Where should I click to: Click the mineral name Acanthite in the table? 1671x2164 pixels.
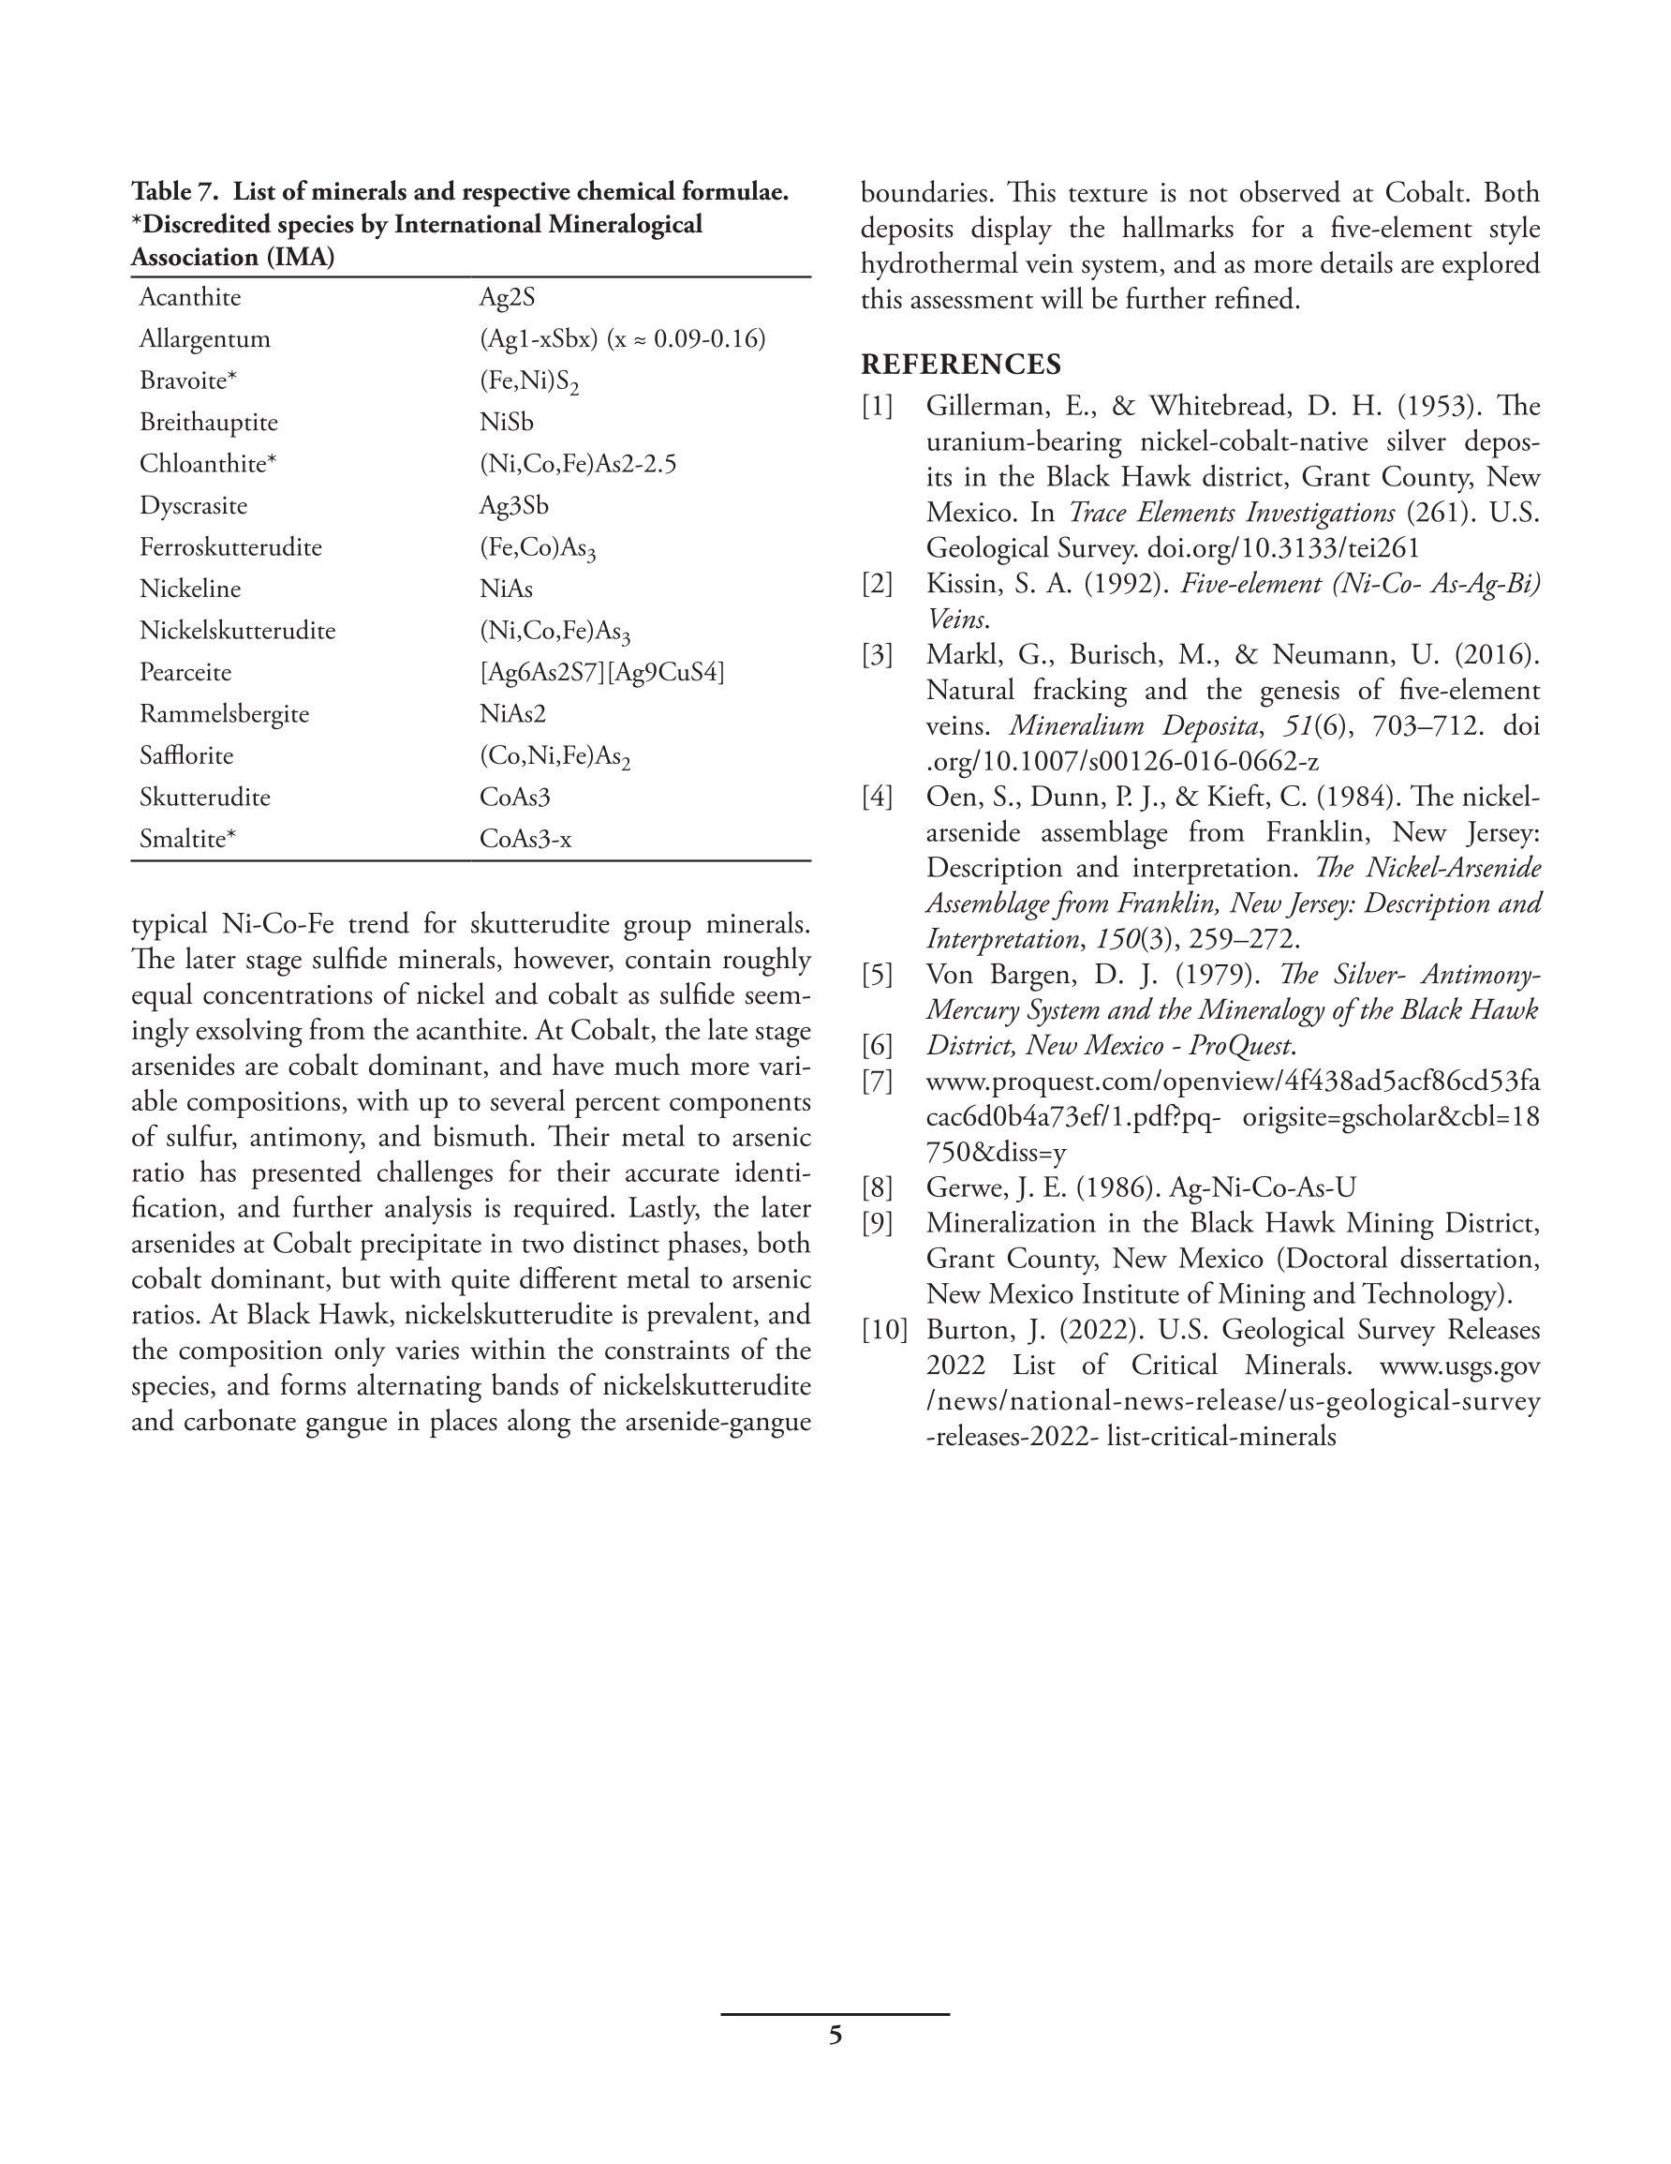coord(189,297)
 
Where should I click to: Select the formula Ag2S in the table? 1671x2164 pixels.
coord(507,297)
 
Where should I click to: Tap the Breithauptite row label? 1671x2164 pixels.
coord(208,422)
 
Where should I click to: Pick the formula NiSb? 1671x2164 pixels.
coord(506,422)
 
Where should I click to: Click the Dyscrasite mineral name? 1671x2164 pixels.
coord(193,505)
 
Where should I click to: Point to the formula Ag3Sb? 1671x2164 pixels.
coord(514,505)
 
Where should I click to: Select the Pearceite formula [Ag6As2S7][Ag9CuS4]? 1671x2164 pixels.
coord(602,672)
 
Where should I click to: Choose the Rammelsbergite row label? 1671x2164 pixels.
coord(224,713)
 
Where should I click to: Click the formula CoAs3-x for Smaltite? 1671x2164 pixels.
coord(525,838)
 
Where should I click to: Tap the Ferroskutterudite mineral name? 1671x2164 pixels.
coord(229,547)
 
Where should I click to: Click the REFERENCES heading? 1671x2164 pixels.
coord(961,365)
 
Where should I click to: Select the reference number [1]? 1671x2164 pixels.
coord(877,406)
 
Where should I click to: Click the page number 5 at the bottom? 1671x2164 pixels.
coord(835,2036)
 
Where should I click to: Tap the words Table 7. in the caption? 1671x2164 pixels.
coord(174,191)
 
